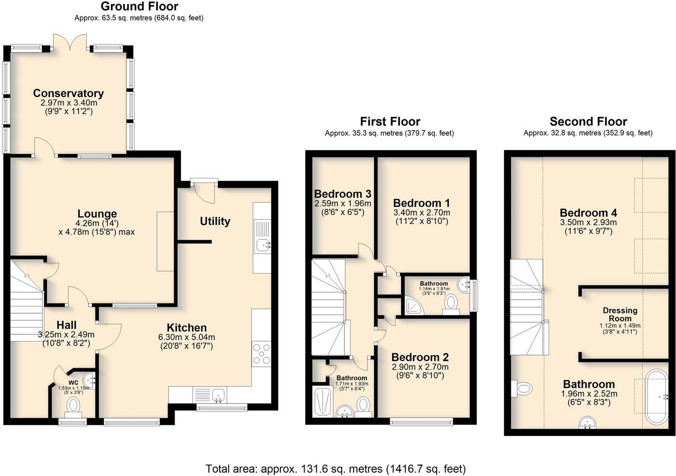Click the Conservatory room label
tap(68, 93)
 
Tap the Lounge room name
tap(97, 214)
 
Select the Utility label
tap(215, 221)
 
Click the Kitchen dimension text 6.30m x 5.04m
tap(186, 337)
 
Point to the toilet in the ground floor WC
tap(73, 405)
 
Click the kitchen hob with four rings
tap(261, 353)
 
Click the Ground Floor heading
tap(139, 6)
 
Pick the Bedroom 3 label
tap(342, 194)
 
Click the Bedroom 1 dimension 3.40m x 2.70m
tap(421, 212)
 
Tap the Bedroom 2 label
tap(420, 357)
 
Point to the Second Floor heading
tap(588, 121)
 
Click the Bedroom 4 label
tap(588, 213)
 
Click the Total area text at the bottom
tap(336, 468)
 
